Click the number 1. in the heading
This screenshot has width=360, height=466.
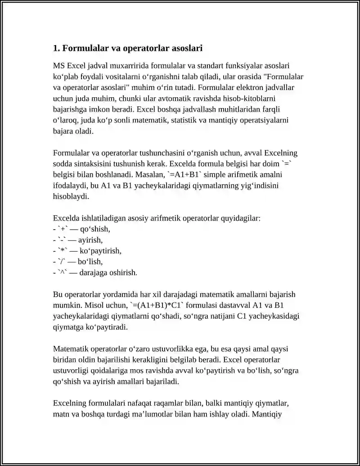pyautogui.click(x=56, y=48)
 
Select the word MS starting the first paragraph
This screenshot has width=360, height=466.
pyautogui.click(x=59, y=66)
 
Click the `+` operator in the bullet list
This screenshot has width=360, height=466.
pyautogui.click(x=62, y=229)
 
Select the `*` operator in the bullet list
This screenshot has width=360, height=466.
pyautogui.click(x=63, y=251)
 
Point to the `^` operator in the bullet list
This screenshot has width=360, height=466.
pyautogui.click(x=63, y=272)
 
